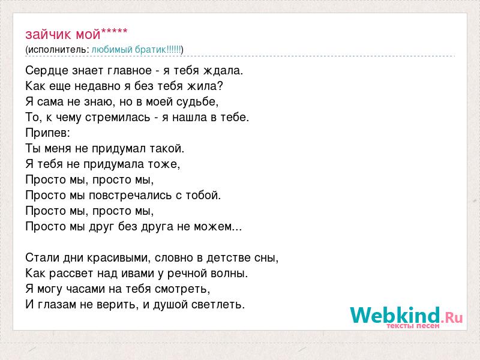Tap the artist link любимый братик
(128, 50)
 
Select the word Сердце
(47, 71)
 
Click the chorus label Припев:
(48, 133)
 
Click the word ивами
(138, 274)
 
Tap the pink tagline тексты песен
(413, 325)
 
